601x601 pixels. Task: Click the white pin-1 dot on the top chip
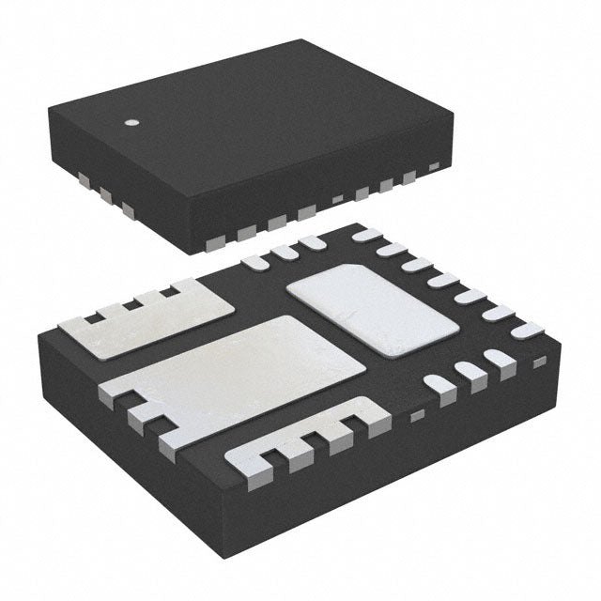click(x=132, y=122)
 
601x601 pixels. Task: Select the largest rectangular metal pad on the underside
click(x=235, y=371)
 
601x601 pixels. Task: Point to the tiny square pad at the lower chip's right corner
click(x=539, y=362)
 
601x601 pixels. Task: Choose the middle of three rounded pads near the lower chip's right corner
click(x=471, y=374)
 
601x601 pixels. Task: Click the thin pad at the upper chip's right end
click(x=434, y=168)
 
